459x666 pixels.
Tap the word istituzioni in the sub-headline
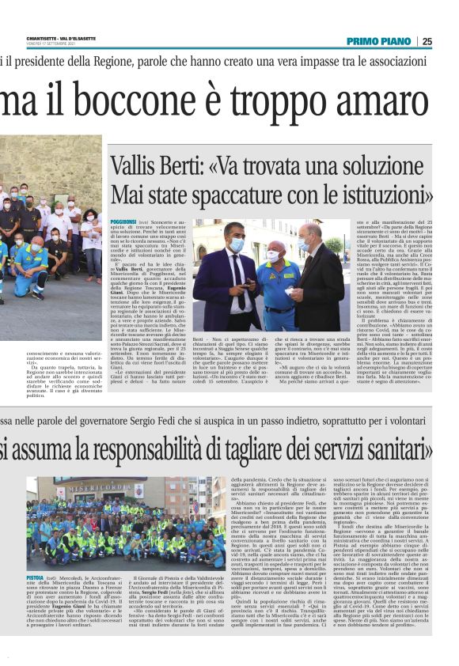375,194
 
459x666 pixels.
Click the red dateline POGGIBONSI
123,223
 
